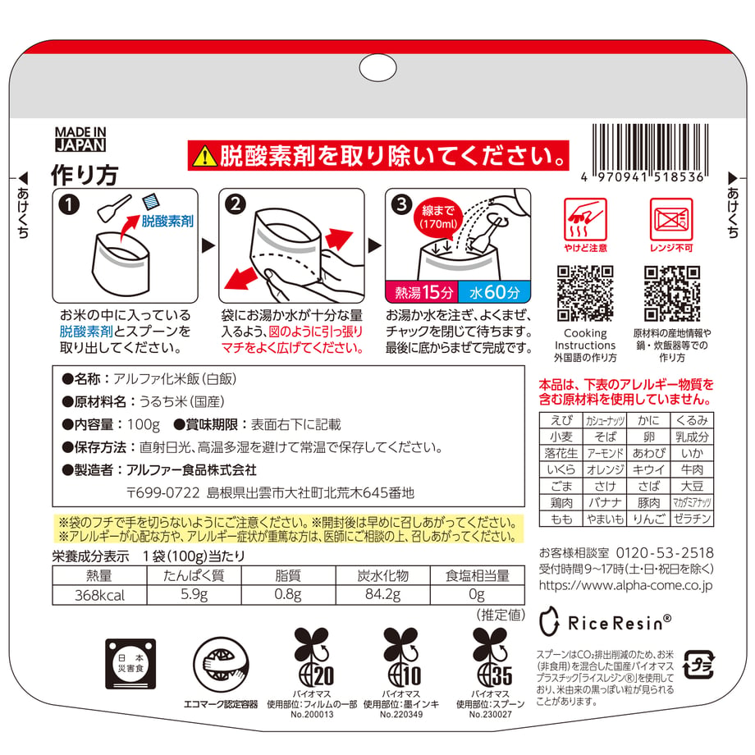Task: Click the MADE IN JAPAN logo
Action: coord(80,140)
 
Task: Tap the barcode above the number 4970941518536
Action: coord(650,148)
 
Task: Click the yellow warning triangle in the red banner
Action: coord(204,156)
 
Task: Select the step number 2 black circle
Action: coord(236,204)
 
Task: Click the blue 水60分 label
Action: coord(495,292)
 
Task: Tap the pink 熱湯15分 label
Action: coord(423,292)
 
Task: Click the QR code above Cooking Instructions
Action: coord(585,293)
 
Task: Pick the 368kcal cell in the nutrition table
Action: coord(99,595)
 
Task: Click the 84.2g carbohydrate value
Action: coord(382,595)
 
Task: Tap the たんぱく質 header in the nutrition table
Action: coord(194,575)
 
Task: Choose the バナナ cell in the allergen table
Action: coord(605,503)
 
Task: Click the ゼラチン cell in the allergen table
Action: coord(692,519)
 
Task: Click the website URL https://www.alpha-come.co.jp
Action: coord(625,585)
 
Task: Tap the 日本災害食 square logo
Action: coord(130,664)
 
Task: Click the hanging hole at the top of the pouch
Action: coord(378,68)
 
